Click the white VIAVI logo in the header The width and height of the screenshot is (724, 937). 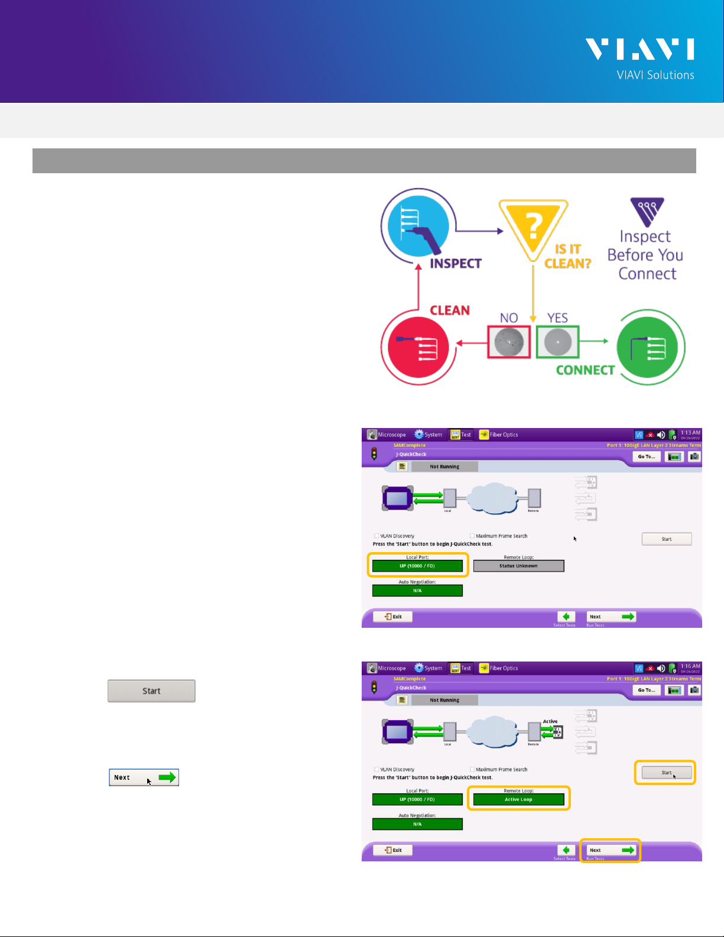pos(639,49)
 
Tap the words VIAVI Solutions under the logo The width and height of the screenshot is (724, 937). pos(655,75)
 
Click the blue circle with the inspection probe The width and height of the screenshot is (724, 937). pos(418,226)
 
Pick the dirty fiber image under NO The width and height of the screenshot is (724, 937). pos(508,342)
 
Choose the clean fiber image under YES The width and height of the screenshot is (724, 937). pos(557,342)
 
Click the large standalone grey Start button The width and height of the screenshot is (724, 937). pos(151,690)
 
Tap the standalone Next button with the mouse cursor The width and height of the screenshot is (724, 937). pos(144,777)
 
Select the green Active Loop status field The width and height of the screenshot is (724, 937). pos(518,799)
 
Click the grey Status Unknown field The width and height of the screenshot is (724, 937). pos(518,566)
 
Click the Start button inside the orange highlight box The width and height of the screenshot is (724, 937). pos(666,773)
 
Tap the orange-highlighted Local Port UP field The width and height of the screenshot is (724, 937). pos(417,566)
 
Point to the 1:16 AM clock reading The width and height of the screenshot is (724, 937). pos(690,666)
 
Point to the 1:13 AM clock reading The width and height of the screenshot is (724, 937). pos(690,432)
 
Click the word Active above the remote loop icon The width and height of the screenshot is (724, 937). pos(550,721)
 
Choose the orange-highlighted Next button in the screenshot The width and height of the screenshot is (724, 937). pos(611,850)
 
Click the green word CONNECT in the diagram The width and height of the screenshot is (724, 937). pos(585,370)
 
